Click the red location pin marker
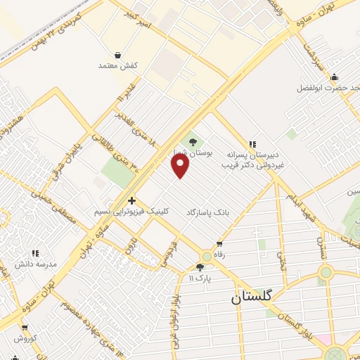(181, 166)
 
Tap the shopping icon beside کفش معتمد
(117, 55)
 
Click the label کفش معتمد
(117, 65)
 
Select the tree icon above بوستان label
(193, 143)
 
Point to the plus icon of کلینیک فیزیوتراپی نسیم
(131, 200)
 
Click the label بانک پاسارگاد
(209, 211)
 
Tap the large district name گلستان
(255, 298)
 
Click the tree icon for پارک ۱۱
(200, 267)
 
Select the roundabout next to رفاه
(207, 257)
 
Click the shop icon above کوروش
(25, 327)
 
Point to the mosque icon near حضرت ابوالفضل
(335, 77)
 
